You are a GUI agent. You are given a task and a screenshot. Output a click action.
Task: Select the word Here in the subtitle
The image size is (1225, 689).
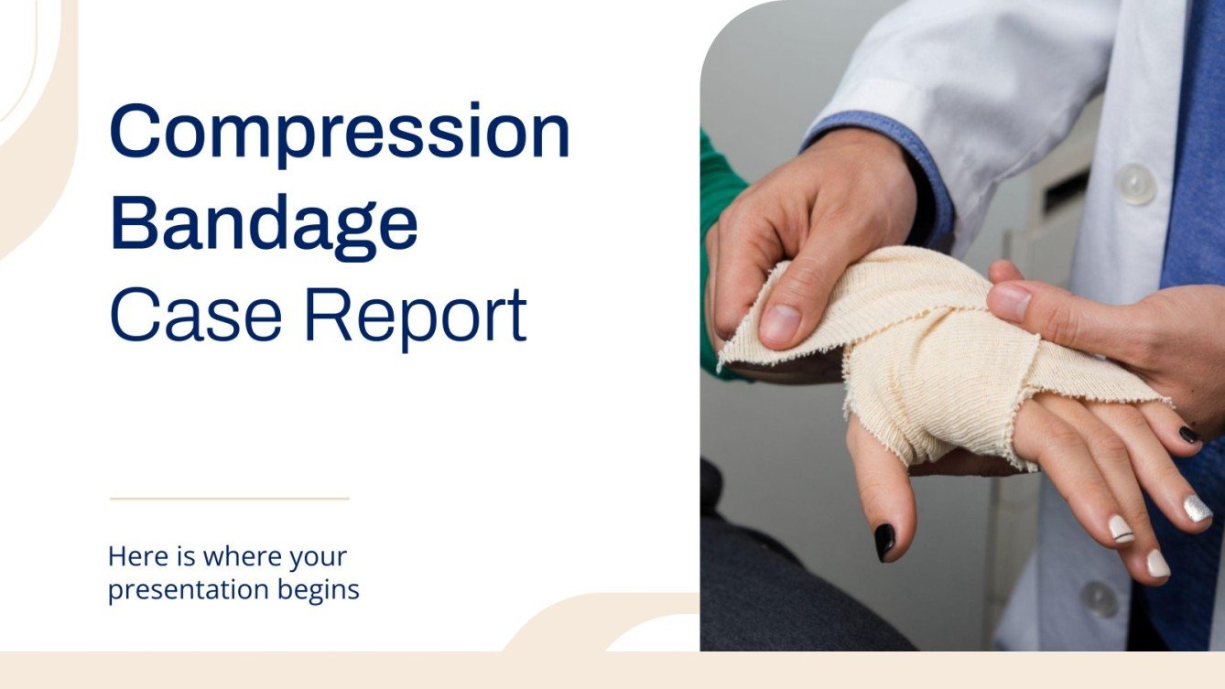point(131,555)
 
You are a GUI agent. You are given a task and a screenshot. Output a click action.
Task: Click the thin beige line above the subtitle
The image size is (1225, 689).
point(229,499)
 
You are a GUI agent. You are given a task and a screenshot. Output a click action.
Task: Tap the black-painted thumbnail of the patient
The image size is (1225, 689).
point(885,541)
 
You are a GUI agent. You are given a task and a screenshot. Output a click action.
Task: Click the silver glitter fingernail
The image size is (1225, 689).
point(1197,509)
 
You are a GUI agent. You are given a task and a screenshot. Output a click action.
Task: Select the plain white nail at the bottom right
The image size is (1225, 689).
point(1158,564)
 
